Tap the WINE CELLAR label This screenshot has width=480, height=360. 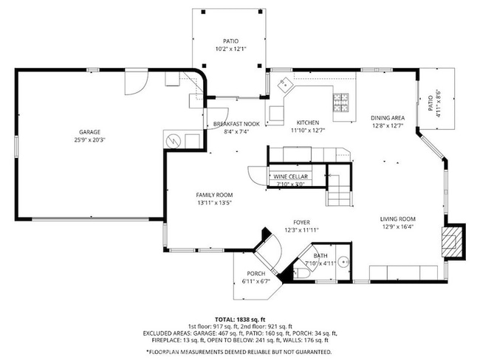[291, 177]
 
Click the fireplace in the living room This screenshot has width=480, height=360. [451, 240]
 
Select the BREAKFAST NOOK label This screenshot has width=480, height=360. [236, 123]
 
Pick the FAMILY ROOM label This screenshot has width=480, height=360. [214, 195]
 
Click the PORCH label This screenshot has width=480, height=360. [256, 274]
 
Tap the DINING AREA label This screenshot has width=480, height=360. [388, 118]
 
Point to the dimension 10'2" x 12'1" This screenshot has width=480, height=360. [231, 49]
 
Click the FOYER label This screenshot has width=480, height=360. [301, 222]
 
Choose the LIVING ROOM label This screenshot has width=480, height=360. [398, 219]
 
